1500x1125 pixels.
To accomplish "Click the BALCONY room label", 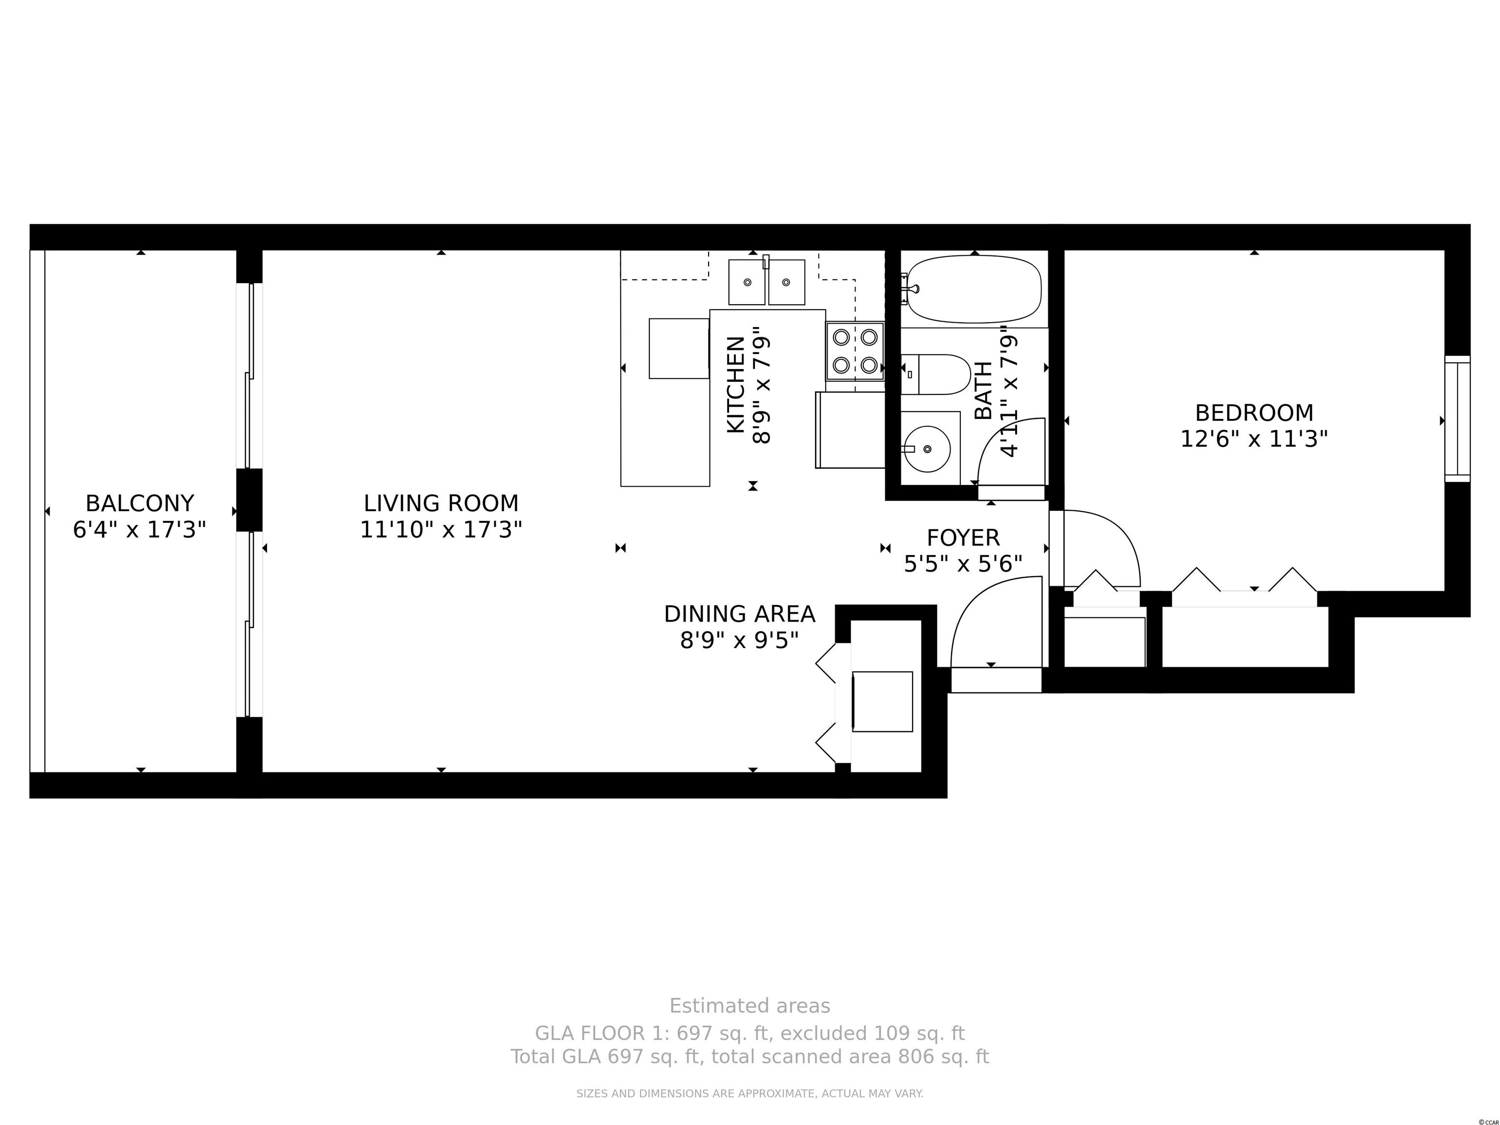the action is (x=140, y=503).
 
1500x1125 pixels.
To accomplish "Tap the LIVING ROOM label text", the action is (x=441, y=503).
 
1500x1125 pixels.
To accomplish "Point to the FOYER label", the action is (x=963, y=538).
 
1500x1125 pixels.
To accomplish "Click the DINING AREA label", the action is (x=739, y=614).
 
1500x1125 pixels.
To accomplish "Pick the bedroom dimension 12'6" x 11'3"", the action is (x=1254, y=439).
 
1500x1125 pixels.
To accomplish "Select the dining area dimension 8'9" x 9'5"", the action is (x=739, y=640).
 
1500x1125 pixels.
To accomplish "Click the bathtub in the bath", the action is (x=974, y=289).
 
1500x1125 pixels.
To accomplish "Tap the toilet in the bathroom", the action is (x=937, y=375).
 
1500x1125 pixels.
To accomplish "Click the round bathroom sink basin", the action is (x=928, y=449).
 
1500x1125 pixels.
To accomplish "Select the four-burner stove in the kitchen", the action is (x=855, y=351).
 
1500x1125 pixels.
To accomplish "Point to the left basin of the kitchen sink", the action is (x=747, y=282).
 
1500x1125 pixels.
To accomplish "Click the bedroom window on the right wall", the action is (x=1458, y=418).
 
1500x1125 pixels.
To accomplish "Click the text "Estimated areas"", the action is (x=750, y=1006).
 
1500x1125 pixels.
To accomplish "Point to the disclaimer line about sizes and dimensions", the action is (x=750, y=1093).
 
